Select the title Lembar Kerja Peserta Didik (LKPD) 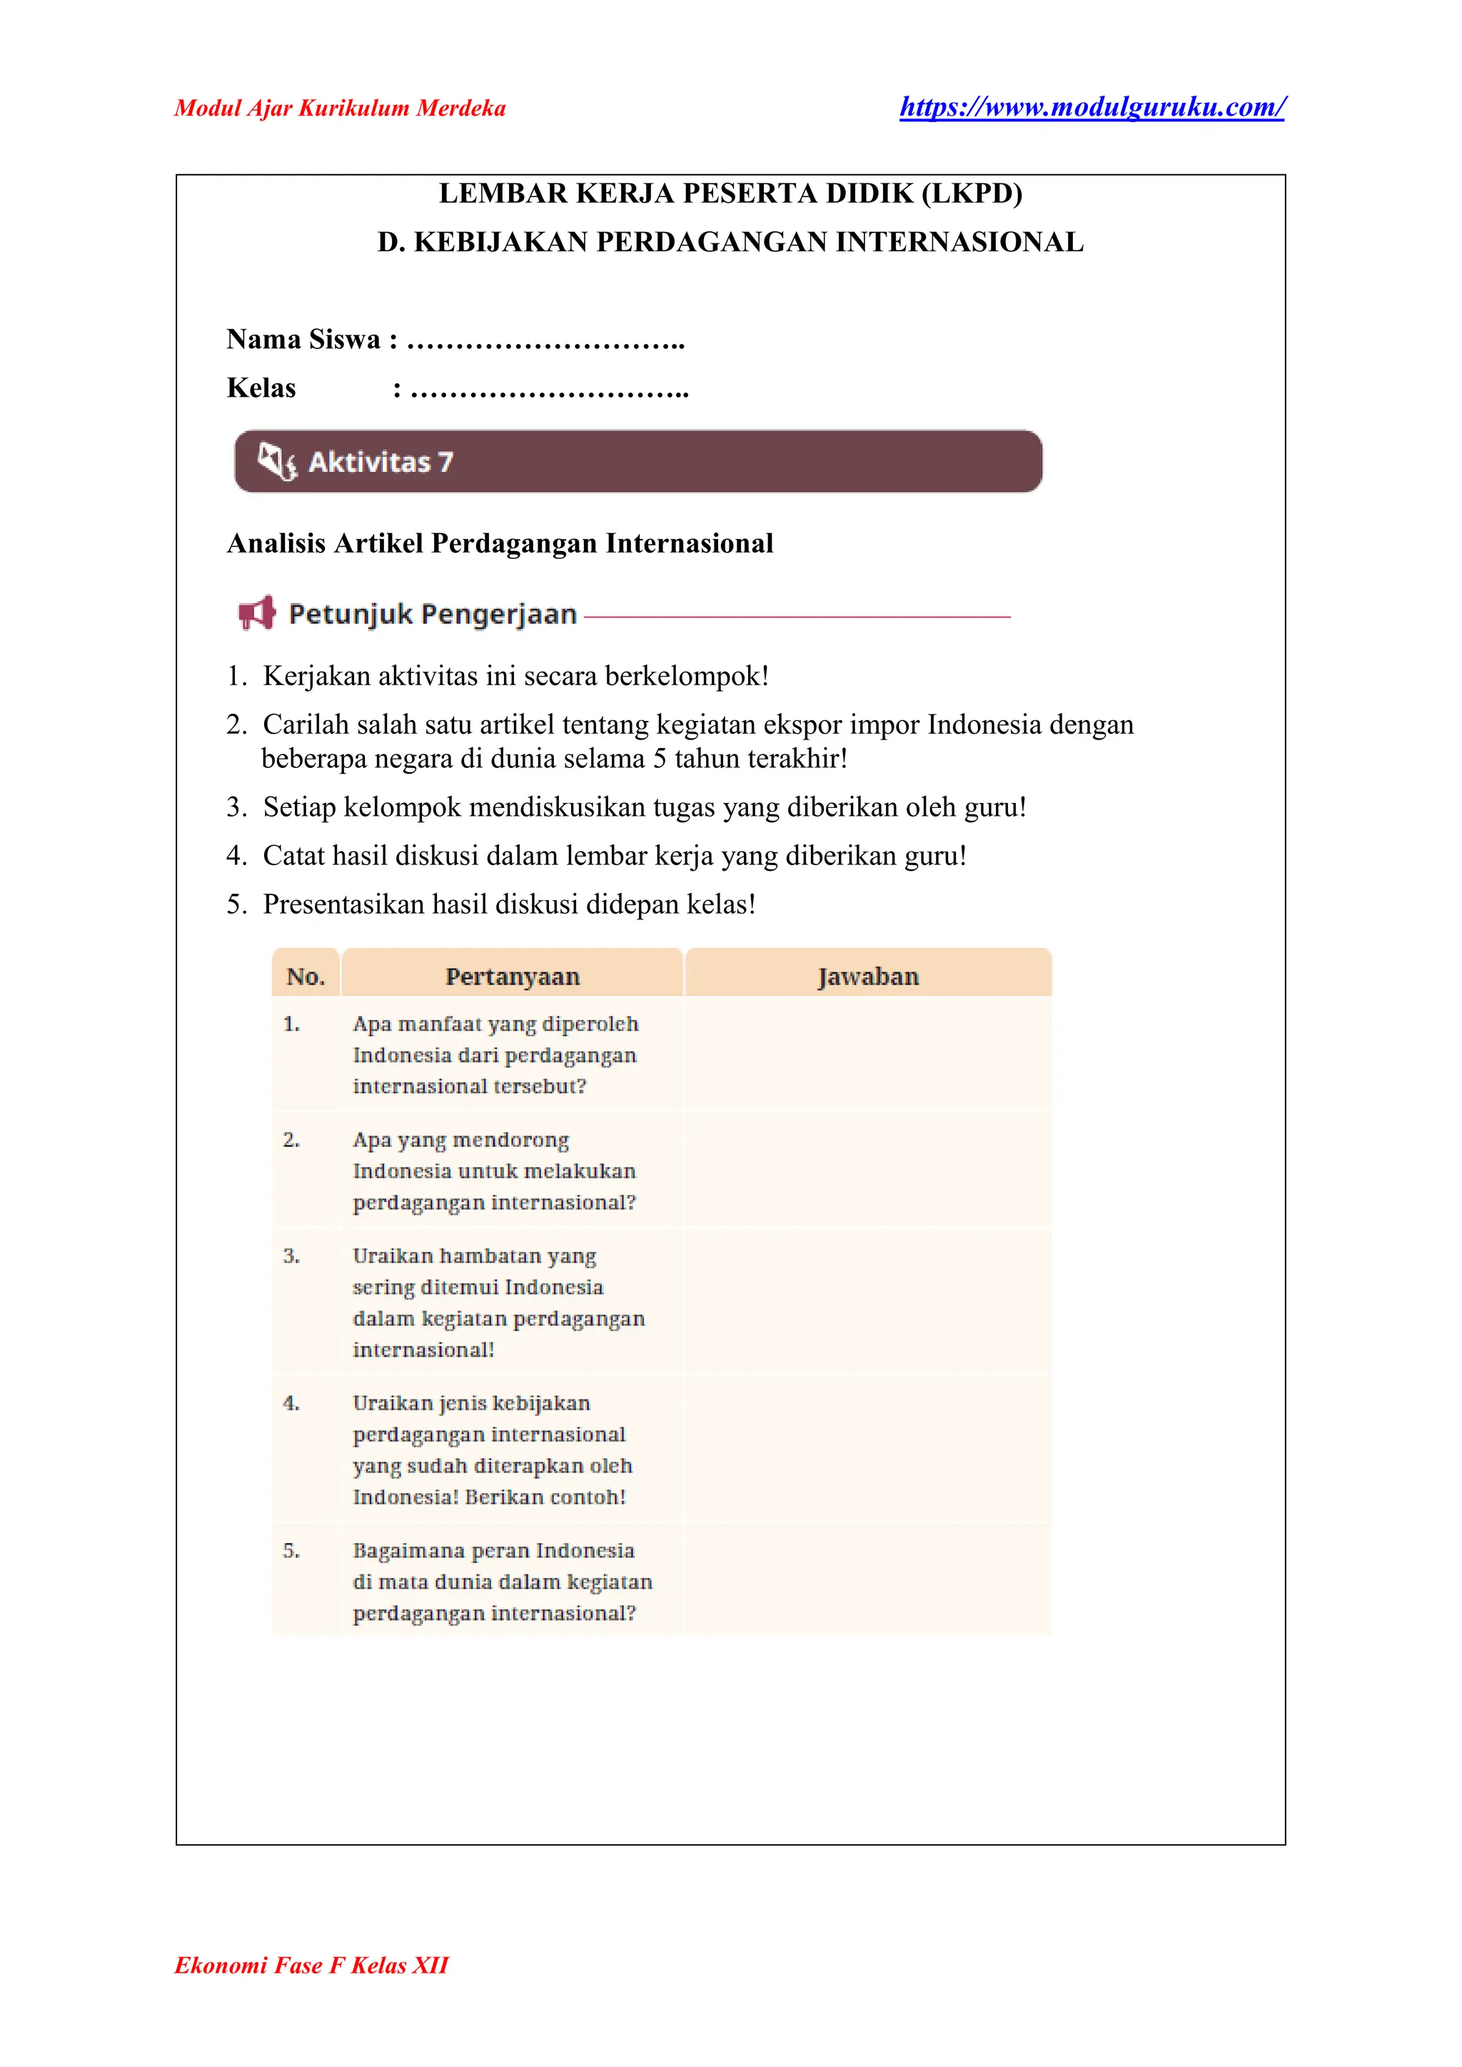click(x=730, y=193)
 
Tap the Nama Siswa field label click(x=303, y=340)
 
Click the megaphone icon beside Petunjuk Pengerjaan click(x=256, y=613)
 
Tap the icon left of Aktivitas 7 click(x=276, y=461)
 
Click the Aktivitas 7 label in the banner click(x=380, y=462)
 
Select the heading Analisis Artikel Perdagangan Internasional click(x=500, y=543)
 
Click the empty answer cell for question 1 click(x=868, y=1054)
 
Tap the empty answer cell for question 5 click(x=868, y=1581)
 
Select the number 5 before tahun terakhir click(x=659, y=758)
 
